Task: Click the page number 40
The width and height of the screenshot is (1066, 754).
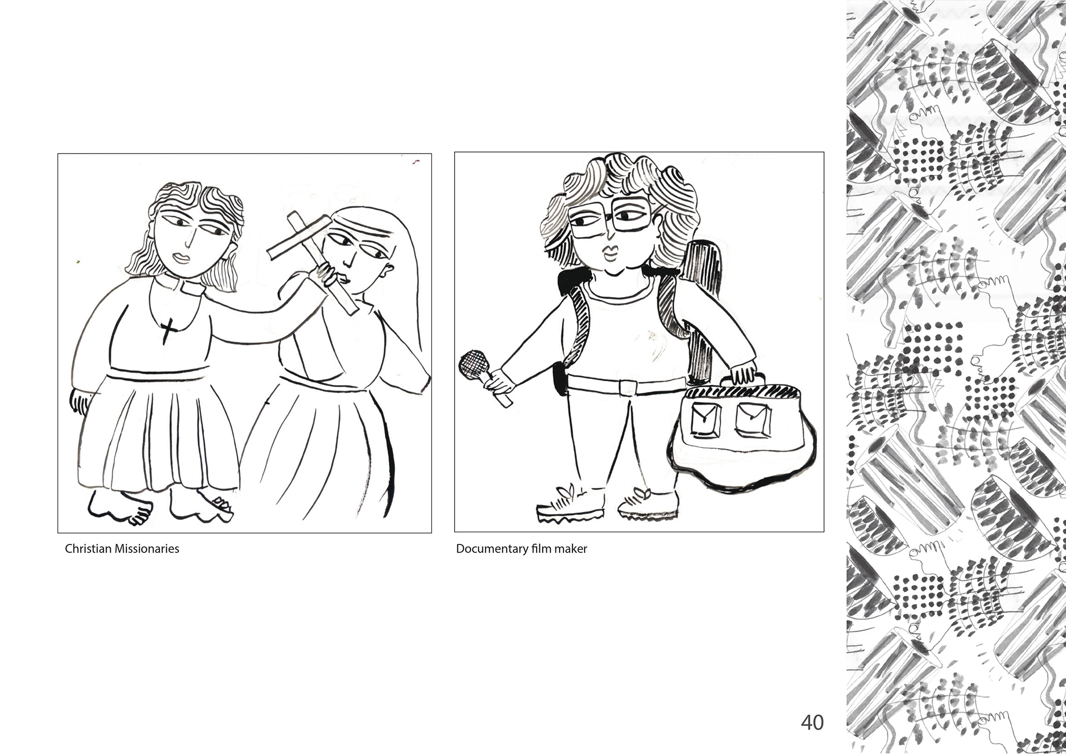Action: [812, 722]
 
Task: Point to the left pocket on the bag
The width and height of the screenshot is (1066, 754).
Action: [704, 418]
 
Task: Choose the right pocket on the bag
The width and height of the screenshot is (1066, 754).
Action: [753, 418]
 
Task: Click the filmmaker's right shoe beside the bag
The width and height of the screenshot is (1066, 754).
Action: [648, 504]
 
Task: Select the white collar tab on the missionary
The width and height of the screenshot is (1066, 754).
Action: [190, 287]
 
